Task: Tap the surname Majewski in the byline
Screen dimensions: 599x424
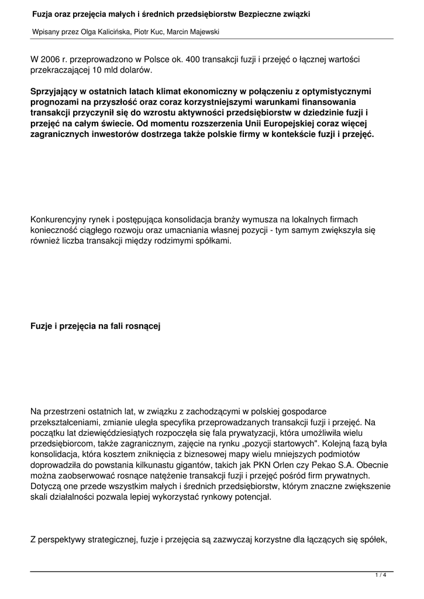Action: point(204,32)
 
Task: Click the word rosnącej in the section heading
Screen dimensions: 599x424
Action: point(140,326)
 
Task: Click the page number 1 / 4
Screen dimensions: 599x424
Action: point(381,575)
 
